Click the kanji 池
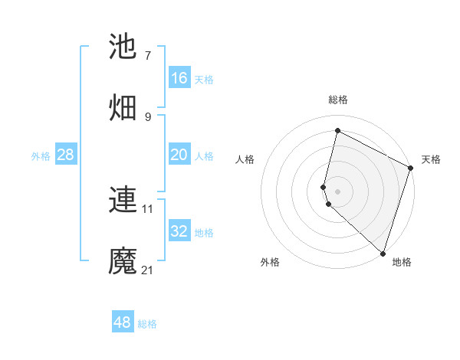tap(123, 47)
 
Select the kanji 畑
tap(123, 108)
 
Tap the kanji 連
tap(123, 200)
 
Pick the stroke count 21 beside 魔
tap(148, 270)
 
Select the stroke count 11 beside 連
tap(148, 208)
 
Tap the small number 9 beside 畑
tap(147, 116)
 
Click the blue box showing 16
tap(179, 78)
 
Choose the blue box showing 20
tap(179, 155)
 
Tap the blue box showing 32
tap(179, 231)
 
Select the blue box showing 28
tap(66, 155)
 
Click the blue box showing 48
tap(123, 322)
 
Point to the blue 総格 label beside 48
tap(147, 324)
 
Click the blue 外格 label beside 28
tap(41, 156)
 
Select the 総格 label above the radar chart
tap(338, 100)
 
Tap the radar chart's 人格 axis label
tap(245, 160)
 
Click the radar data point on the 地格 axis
tap(382, 252)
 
